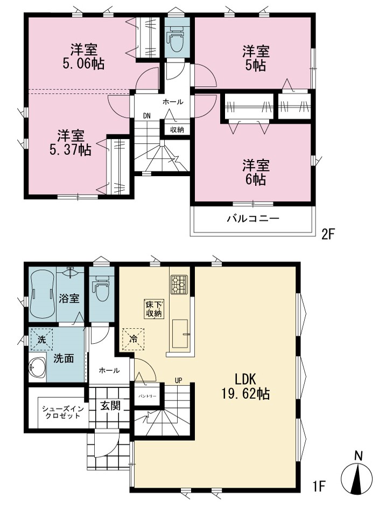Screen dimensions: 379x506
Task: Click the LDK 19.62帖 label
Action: pos(245,386)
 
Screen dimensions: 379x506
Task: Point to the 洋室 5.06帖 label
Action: pos(84,57)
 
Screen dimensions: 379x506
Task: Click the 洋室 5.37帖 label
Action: pos(71,143)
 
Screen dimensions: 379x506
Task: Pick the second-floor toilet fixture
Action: pos(176,39)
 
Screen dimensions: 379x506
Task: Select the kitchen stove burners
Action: pos(179,285)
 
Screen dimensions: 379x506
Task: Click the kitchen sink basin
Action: pos(180,334)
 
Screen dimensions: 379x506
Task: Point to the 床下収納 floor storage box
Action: pos(154,309)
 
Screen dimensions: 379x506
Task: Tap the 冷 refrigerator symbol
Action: pos(133,339)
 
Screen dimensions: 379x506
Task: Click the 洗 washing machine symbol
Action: pos(41,339)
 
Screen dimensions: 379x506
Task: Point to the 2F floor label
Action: pos(328,234)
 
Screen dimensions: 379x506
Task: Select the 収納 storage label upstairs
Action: pos(177,130)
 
